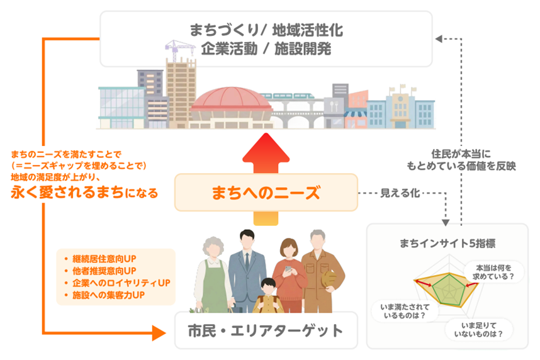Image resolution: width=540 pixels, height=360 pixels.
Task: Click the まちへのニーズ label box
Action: (265, 193)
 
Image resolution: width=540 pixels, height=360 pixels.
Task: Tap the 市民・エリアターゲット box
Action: (266, 330)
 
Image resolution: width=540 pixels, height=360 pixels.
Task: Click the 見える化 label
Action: (399, 192)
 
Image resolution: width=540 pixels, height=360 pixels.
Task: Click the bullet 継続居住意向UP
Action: (104, 259)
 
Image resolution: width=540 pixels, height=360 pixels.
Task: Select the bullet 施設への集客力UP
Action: (109, 295)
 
